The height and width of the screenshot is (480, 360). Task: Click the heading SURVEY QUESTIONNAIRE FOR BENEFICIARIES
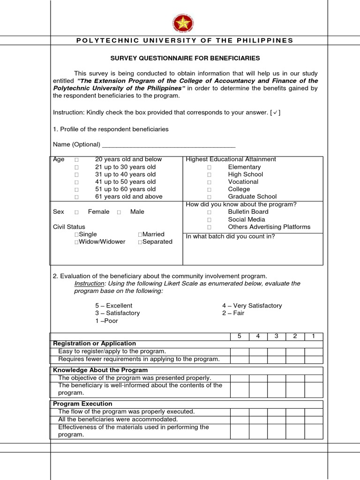tap(185, 58)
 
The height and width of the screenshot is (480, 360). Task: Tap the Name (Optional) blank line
tap(168, 145)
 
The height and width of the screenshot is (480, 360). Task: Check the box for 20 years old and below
tap(76, 160)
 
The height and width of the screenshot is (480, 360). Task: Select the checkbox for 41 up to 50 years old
tap(76, 182)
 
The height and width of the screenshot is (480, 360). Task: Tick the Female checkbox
tap(76, 212)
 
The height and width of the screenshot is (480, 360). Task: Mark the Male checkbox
tap(119, 212)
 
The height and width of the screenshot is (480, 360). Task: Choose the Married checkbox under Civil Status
tap(140, 234)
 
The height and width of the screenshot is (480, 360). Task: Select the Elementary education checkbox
tap(210, 167)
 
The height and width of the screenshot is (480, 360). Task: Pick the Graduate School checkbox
tap(210, 197)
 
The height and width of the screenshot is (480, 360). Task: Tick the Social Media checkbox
tap(210, 220)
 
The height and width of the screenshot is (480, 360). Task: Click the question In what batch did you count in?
tap(230, 236)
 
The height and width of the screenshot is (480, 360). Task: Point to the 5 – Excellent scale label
tap(113, 306)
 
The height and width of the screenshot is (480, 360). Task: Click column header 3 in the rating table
tap(277, 336)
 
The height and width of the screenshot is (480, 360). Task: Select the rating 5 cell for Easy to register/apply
tap(240, 352)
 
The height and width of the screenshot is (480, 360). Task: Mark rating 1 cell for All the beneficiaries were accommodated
tap(314, 420)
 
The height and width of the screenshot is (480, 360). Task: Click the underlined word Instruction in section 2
tap(89, 284)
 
